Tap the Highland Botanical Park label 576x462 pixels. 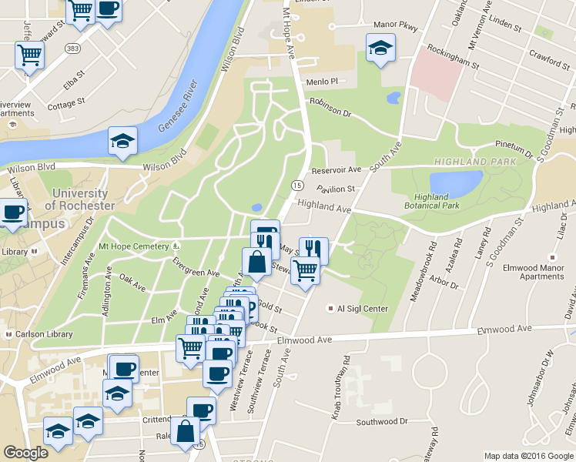(x=432, y=201)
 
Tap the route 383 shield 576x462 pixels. (x=72, y=49)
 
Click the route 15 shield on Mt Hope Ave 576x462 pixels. (x=296, y=185)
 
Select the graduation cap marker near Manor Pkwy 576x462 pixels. (x=380, y=49)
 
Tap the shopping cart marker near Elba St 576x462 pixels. (x=29, y=55)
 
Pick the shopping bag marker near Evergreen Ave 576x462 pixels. (x=257, y=262)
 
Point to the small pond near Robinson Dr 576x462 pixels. (x=393, y=98)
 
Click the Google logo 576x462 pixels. (x=25, y=453)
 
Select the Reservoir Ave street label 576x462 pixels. (x=336, y=169)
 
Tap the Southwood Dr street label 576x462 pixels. (x=382, y=422)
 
